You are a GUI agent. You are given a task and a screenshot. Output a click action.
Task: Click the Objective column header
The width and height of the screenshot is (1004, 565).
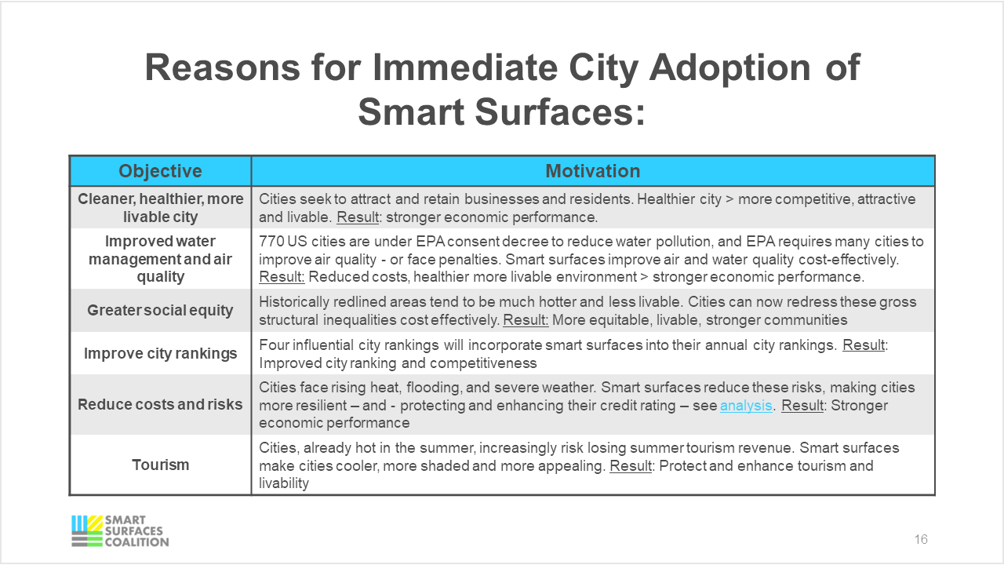pos(160,171)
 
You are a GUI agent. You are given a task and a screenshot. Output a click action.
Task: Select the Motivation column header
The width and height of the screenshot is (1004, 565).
pos(592,171)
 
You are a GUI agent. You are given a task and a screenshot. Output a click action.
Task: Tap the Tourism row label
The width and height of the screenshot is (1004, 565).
pos(160,465)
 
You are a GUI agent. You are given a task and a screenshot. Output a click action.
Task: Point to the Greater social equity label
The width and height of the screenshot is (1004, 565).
pos(160,310)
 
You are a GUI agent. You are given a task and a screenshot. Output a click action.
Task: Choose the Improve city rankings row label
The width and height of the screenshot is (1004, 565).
pos(160,353)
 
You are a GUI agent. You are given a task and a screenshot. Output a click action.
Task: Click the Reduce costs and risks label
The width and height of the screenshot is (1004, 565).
pos(160,405)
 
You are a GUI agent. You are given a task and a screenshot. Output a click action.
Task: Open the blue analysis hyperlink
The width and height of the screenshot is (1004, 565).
pos(746,406)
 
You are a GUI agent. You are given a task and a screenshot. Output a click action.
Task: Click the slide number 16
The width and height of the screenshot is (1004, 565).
pos(921,540)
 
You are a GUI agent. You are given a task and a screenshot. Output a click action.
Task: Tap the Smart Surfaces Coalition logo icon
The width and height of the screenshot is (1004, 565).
pos(86,530)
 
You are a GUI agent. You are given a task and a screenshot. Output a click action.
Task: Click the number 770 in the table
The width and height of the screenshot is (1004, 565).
pos(271,242)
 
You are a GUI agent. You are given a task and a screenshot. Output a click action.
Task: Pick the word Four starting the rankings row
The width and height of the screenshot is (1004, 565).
pos(275,345)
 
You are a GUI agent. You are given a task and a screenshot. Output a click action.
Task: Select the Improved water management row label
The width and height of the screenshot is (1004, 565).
pos(160,259)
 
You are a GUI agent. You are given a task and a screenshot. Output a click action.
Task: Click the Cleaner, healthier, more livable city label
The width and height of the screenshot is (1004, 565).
pos(160,208)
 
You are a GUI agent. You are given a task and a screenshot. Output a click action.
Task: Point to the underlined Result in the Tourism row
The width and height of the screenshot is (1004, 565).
pos(631,466)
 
